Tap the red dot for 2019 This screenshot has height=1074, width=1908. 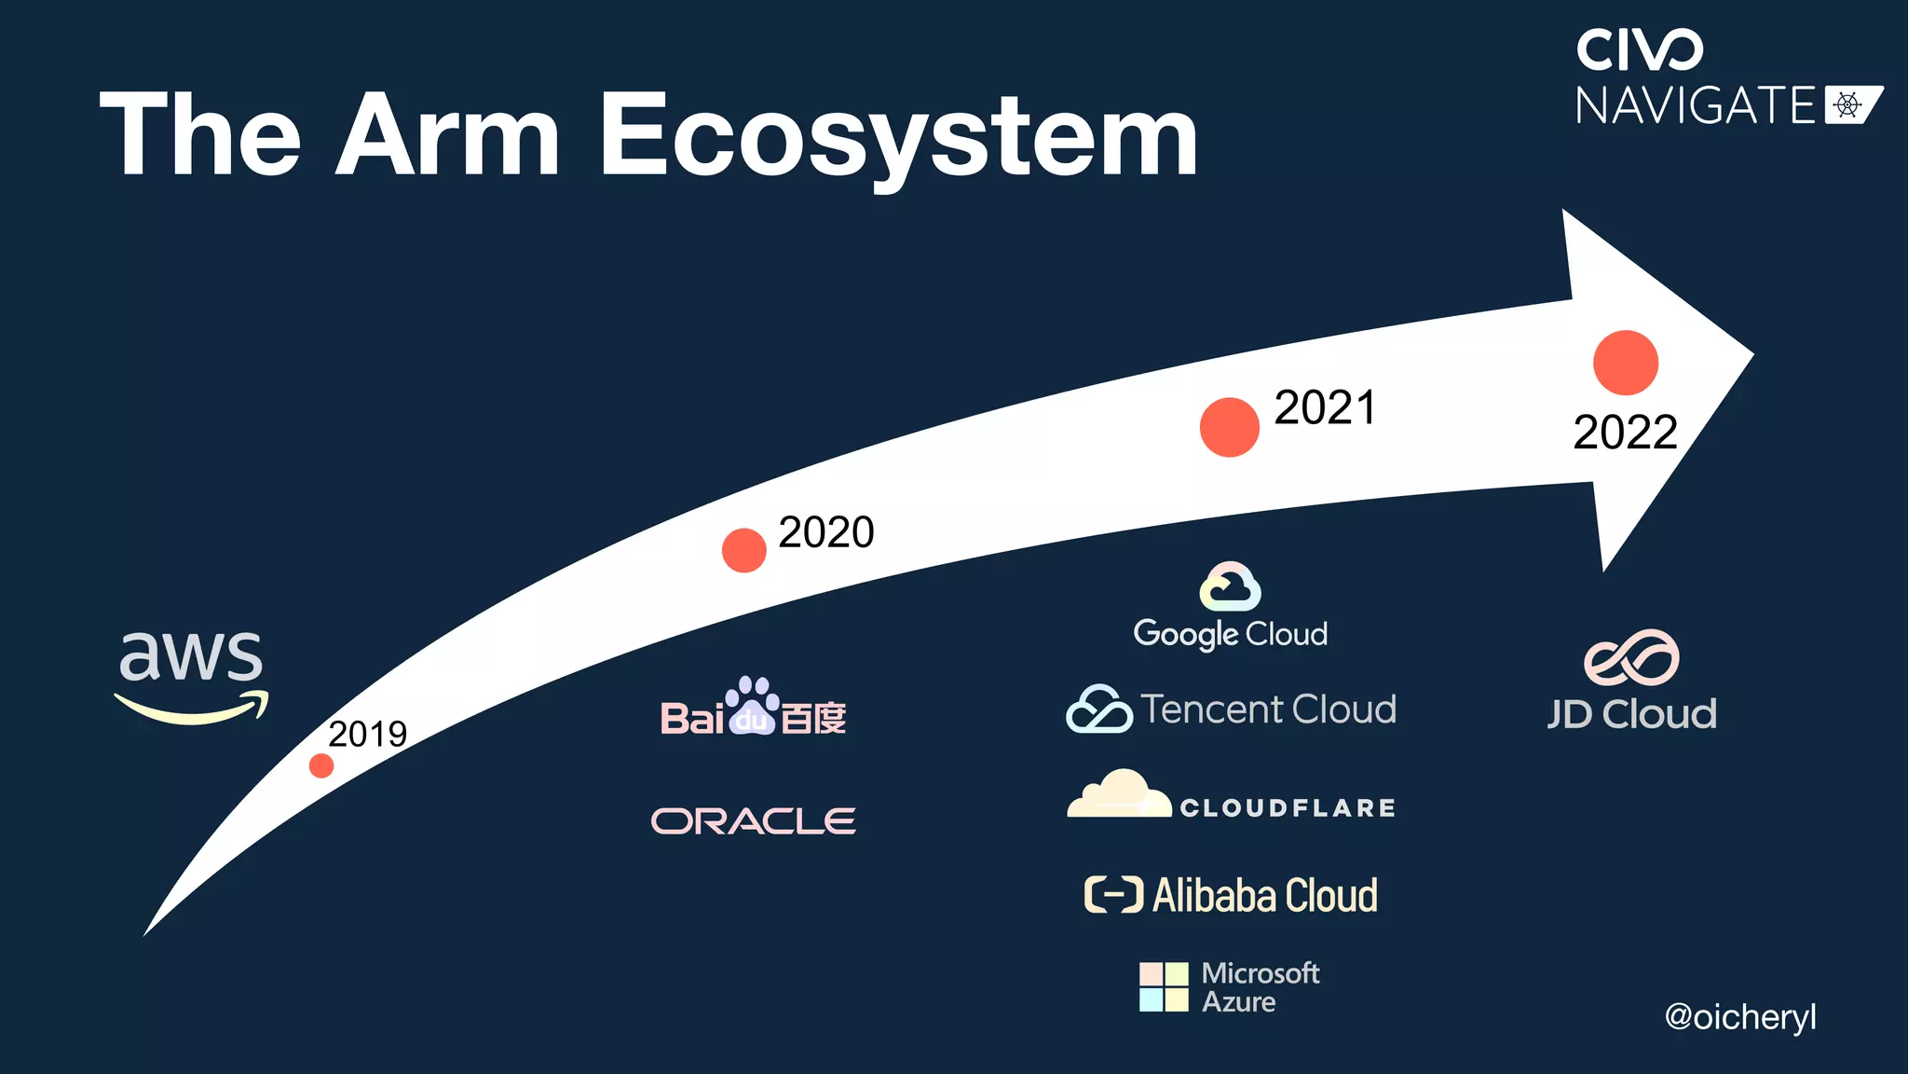pyautogui.click(x=321, y=765)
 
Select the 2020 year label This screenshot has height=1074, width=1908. pyautogui.click(x=826, y=532)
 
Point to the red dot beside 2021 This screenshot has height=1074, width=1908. pyautogui.click(x=1229, y=427)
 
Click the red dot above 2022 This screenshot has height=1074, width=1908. pyautogui.click(x=1626, y=363)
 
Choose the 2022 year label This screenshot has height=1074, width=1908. pyautogui.click(x=1625, y=433)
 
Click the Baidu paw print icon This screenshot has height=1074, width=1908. pyautogui.click(x=753, y=706)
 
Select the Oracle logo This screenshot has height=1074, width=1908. pyautogui.click(x=753, y=821)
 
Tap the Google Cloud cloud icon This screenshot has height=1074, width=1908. pyautogui.click(x=1230, y=586)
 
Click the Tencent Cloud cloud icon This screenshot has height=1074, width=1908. pyautogui.click(x=1099, y=709)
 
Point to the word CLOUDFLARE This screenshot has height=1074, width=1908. pyautogui.click(x=1288, y=808)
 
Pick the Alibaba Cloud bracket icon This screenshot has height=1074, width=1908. pyautogui.click(x=1113, y=895)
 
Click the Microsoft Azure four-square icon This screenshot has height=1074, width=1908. pyautogui.click(x=1164, y=987)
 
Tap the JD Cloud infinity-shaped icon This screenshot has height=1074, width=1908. pyautogui.click(x=1631, y=657)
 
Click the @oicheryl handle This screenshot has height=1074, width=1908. pyautogui.click(x=1739, y=1017)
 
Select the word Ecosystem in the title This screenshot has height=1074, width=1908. pyautogui.click(x=898, y=136)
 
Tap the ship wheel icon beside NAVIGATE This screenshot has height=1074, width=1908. pyautogui.click(x=1847, y=104)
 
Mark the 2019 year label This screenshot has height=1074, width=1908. pyautogui.click(x=367, y=735)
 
